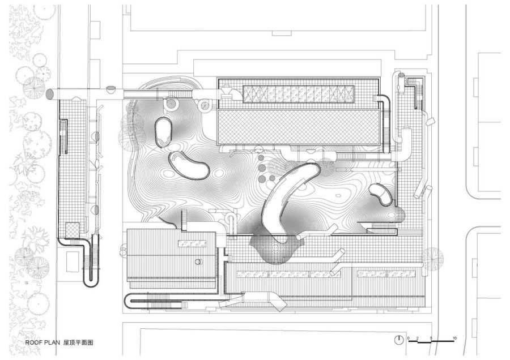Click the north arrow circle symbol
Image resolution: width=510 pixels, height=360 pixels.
pos(398,340)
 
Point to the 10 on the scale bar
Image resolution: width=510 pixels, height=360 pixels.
pos(454,338)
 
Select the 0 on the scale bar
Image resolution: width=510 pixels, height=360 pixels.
pos(409,338)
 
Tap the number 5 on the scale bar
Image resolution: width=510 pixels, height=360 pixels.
pos(431,338)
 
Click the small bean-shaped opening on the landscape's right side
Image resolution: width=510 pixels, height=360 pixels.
pos(381,194)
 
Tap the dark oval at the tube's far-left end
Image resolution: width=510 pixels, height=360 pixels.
pos(50,94)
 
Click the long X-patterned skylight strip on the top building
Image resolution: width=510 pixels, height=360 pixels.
pos(299,94)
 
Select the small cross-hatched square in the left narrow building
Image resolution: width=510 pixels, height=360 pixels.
pos(72,229)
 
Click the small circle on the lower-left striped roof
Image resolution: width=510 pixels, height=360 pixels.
pos(198,262)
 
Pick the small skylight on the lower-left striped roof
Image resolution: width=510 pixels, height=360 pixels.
pos(192,243)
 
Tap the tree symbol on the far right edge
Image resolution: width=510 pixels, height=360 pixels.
pos(432,257)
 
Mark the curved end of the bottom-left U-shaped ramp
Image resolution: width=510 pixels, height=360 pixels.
pos(127,301)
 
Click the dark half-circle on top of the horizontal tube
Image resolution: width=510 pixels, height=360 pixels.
pos(111,88)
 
